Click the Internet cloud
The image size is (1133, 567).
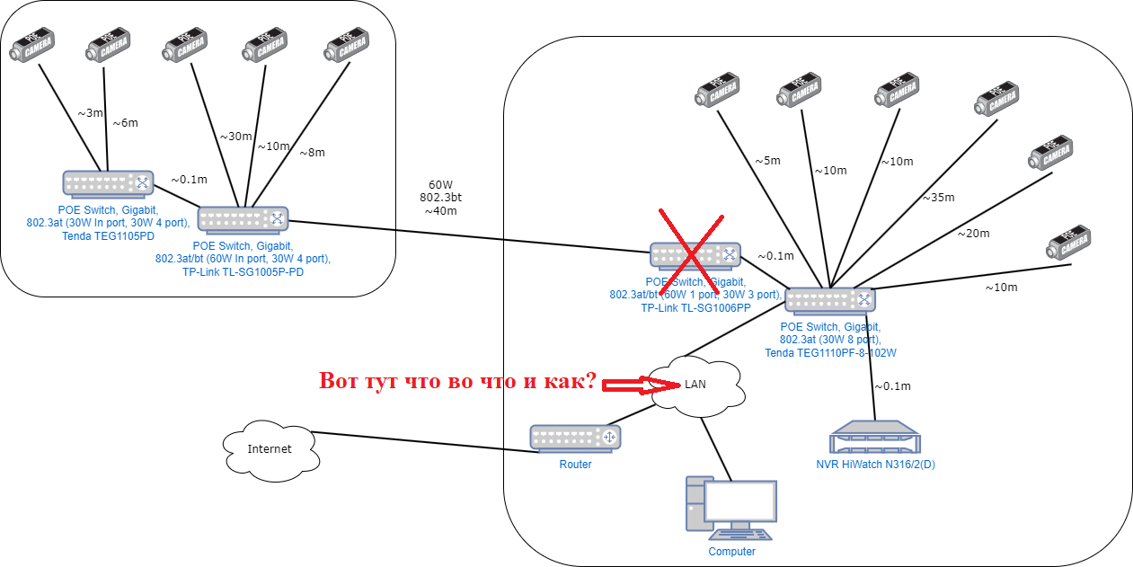(270, 448)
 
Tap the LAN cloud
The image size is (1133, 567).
(695, 385)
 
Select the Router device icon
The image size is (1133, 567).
(575, 438)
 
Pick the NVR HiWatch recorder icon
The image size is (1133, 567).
(876, 439)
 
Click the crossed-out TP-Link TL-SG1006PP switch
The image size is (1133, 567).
(695, 255)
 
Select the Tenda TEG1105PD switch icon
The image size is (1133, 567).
(108, 183)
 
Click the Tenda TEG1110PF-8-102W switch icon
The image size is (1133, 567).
(830, 300)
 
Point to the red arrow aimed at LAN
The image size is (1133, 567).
(640, 385)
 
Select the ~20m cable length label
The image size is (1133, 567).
(973, 234)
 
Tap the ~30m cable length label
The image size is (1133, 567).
(235, 137)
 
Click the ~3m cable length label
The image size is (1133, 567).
(90, 113)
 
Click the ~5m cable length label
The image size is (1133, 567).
(766, 161)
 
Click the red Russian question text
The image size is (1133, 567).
(457, 381)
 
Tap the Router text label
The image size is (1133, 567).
(575, 465)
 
